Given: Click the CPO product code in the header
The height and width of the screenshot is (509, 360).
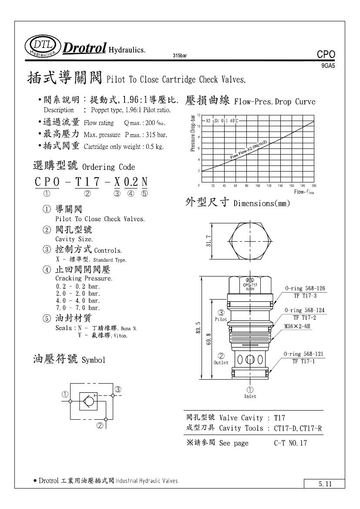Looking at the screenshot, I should pyautogui.click(x=326, y=55).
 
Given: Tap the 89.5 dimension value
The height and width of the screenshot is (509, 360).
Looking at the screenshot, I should pyautogui.click(x=199, y=327).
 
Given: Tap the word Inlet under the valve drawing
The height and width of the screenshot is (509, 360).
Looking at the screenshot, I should pyautogui.click(x=250, y=396).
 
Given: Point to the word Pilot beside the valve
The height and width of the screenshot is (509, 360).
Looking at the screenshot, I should pyautogui.click(x=221, y=319).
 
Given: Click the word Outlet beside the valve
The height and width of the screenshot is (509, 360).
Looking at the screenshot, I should pyautogui.click(x=221, y=362).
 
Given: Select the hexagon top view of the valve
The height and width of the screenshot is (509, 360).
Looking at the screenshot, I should pyautogui.click(x=250, y=240).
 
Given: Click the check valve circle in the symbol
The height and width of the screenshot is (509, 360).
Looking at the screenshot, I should pyautogui.click(x=87, y=399).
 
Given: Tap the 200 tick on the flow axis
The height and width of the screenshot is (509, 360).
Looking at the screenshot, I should pyautogui.click(x=314, y=186).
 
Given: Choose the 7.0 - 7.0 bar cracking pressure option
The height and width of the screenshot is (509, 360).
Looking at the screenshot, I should pyautogui.click(x=78, y=308).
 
